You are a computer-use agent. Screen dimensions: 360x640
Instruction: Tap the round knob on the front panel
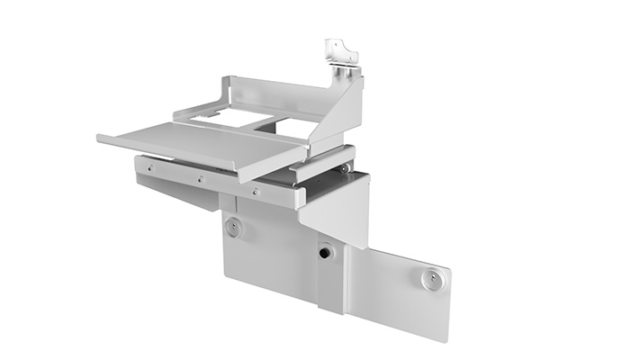point(233,229)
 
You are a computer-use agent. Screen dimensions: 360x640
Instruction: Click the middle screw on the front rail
point(200,178)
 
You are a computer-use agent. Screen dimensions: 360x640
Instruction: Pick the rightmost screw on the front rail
point(256,191)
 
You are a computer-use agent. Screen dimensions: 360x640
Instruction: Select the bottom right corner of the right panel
point(445,338)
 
